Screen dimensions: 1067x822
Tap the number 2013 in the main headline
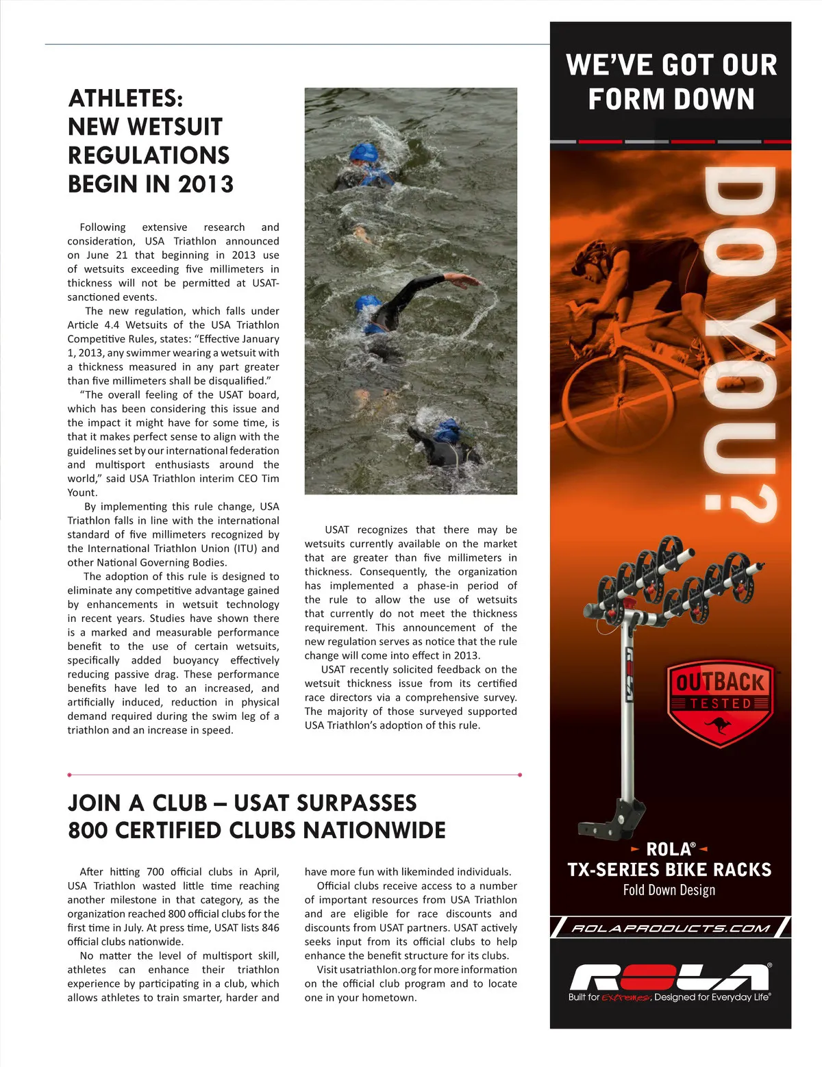(206, 184)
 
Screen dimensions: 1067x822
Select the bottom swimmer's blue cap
(448, 430)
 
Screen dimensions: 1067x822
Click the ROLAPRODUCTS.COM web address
(671, 928)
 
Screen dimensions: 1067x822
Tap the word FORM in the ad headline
(630, 99)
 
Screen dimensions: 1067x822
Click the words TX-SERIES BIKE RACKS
(669, 870)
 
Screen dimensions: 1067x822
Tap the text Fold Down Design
(669, 890)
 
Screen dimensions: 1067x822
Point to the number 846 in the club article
(269, 928)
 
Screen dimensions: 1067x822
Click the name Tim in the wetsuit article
(271, 479)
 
